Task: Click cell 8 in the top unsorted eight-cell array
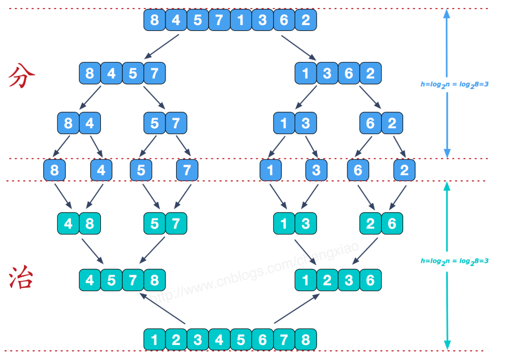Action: [x=155, y=20]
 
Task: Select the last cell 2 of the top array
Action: [x=306, y=20]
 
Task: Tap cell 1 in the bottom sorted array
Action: [x=155, y=339]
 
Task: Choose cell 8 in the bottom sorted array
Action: [x=306, y=339]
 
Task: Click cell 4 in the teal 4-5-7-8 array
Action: [x=90, y=280]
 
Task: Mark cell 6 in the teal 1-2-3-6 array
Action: [x=370, y=280]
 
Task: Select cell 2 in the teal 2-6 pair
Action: [x=370, y=223]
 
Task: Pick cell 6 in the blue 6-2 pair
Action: [x=370, y=123]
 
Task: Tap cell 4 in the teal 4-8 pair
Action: [x=68, y=223]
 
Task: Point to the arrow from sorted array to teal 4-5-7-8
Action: [x=163, y=308]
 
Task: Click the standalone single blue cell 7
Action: [x=187, y=170]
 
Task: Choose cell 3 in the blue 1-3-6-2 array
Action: [x=327, y=73]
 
